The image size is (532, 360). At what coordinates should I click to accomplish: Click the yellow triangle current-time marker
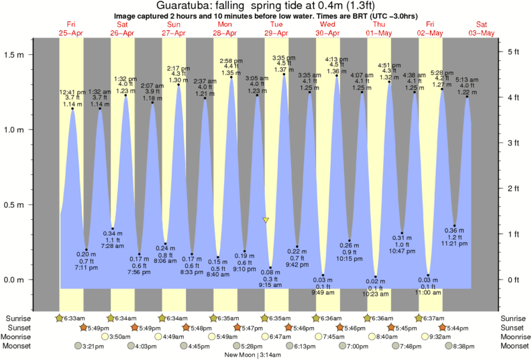coord(266,220)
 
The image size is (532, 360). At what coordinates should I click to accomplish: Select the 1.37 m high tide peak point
coord(284,74)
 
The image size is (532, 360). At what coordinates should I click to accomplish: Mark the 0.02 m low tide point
coord(376,276)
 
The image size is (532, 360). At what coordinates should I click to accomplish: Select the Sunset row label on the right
coord(513,327)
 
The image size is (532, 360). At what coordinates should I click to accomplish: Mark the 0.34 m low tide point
coord(113,229)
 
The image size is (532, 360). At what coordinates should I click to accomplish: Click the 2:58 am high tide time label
coord(231,61)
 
